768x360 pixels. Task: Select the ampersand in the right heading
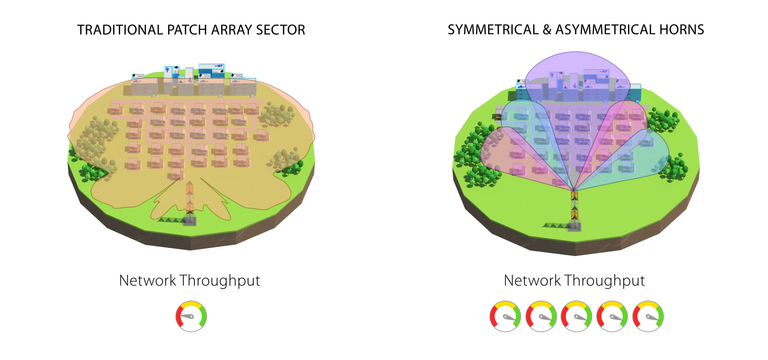coord(547,30)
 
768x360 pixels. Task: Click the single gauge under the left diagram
coord(191,316)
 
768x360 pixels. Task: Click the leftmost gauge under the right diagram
coord(505,316)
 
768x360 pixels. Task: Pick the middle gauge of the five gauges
coord(576,316)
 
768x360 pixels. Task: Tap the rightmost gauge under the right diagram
coord(648,316)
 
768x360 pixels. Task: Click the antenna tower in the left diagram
coord(190,200)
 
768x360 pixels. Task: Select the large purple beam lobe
coord(576,76)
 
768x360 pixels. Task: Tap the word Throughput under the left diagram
coord(220,281)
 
